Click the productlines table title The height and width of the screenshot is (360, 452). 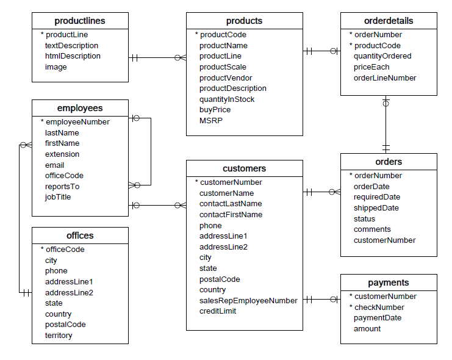coord(79,21)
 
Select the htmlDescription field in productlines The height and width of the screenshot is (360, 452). coord(73,56)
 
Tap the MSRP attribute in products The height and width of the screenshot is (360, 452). coord(210,121)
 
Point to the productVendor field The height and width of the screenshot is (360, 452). coord(226,78)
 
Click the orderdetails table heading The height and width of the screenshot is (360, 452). coord(389,21)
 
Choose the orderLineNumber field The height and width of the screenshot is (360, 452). coord(385,78)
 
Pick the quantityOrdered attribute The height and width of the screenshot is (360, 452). coord(382,56)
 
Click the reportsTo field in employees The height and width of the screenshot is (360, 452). coord(62,187)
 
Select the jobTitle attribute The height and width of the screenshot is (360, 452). coord(58,197)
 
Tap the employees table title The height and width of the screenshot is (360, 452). coord(79,108)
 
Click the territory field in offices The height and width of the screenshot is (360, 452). coord(59,336)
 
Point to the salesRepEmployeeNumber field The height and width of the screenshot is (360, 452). coord(248,300)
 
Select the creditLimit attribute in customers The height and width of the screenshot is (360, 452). coord(218,311)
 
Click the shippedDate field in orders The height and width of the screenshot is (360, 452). coord(376,208)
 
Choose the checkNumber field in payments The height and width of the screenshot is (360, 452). coord(379,308)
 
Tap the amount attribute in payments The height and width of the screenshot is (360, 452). coord(367,329)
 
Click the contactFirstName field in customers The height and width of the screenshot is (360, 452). coord(231,215)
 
